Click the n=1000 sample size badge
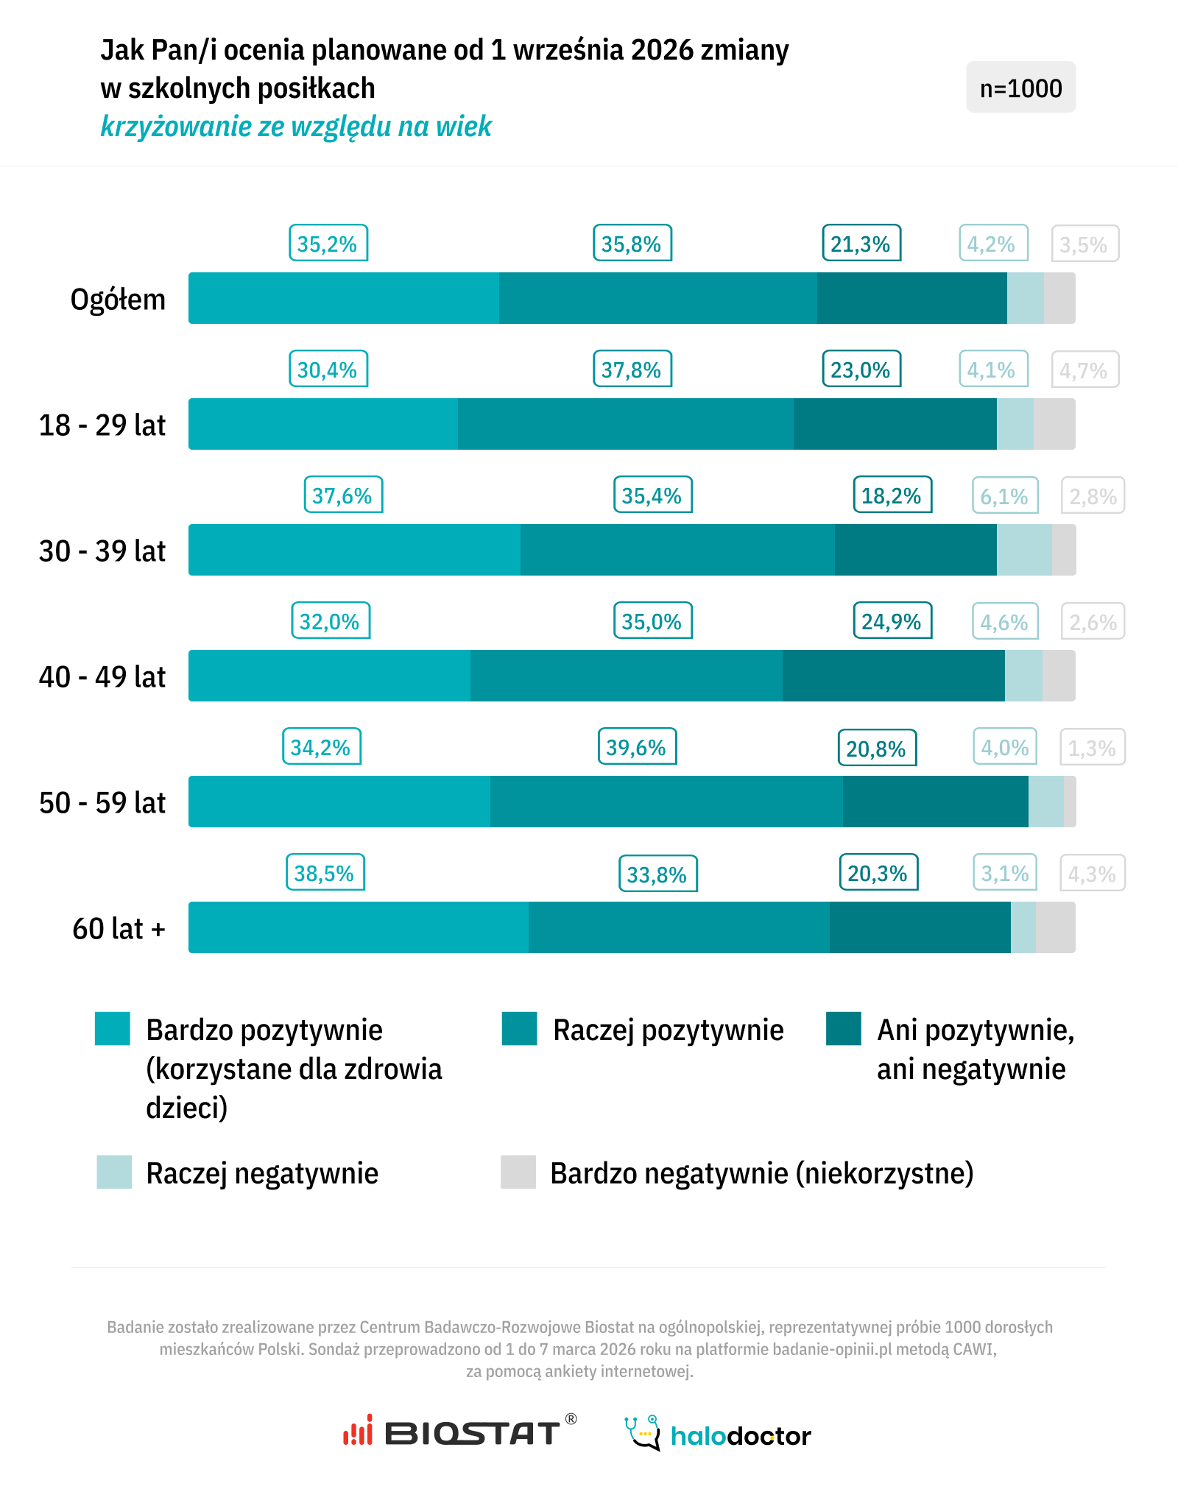click(x=1020, y=88)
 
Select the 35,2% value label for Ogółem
click(x=328, y=244)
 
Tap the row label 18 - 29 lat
click(x=102, y=425)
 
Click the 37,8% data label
click(x=632, y=369)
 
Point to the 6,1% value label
click(x=1004, y=496)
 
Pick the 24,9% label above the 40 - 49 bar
click(x=892, y=621)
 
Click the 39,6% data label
click(x=636, y=747)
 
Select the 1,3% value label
click(x=1092, y=748)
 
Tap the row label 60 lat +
click(x=119, y=929)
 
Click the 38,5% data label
click(x=325, y=873)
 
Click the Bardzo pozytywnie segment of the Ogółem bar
click(x=344, y=298)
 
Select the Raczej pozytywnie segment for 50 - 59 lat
click(x=666, y=802)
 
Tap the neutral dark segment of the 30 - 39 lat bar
click(x=915, y=550)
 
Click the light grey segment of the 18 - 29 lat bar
click(x=1054, y=424)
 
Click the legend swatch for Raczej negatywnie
click(x=114, y=1172)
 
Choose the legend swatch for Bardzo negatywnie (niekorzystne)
click(x=518, y=1172)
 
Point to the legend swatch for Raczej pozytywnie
click(x=519, y=1029)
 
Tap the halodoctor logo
click(x=718, y=1433)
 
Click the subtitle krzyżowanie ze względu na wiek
click(x=296, y=127)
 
